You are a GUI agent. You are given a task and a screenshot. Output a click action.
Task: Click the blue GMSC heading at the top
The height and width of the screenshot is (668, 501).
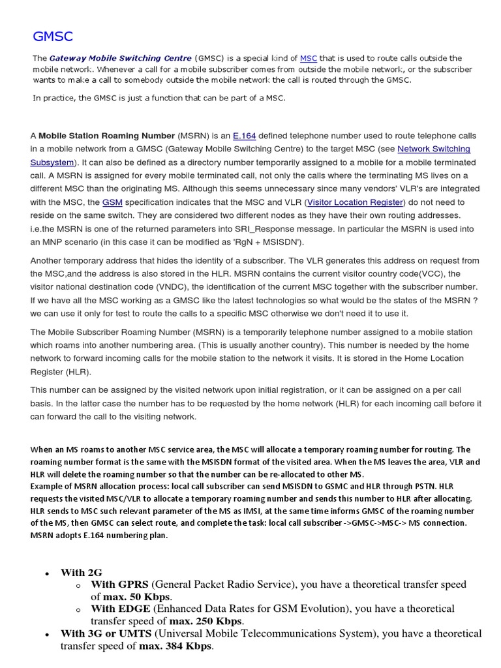click(x=53, y=36)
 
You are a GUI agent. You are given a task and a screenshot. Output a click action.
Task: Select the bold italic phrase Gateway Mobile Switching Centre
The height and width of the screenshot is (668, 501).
click(x=121, y=58)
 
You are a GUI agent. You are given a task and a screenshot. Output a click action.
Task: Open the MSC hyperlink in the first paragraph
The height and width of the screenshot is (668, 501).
click(x=309, y=58)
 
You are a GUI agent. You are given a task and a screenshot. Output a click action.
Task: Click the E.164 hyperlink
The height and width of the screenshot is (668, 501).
click(x=244, y=136)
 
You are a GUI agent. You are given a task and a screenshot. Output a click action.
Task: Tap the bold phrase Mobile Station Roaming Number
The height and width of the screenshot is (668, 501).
click(x=107, y=136)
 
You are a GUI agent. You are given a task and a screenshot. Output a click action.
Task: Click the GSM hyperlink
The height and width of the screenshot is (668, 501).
click(x=112, y=202)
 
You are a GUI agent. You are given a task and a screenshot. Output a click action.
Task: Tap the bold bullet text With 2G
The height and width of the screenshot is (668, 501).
click(x=82, y=573)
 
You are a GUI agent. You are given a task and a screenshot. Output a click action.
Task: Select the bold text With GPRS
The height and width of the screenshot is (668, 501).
click(x=120, y=584)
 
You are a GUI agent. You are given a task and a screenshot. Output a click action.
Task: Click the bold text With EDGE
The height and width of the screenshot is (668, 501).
click(x=120, y=609)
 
